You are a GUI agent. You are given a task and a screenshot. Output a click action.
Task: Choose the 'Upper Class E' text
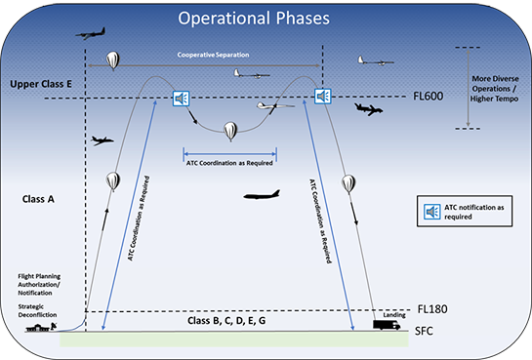point(45,85)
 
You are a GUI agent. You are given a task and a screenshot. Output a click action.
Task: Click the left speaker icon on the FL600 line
point(180,98)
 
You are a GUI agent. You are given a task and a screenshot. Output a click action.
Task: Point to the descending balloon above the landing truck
point(348,183)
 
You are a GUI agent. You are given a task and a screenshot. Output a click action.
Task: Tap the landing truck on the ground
point(386,325)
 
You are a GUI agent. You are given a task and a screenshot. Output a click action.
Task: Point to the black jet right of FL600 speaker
point(370,108)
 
